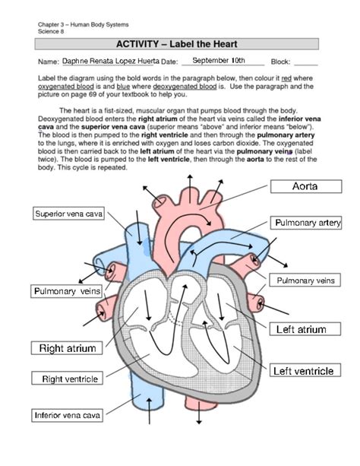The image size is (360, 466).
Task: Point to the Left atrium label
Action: point(302,329)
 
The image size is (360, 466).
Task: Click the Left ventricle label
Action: point(304,371)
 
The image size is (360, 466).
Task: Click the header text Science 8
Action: point(52,31)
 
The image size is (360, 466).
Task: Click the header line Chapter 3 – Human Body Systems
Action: point(74,25)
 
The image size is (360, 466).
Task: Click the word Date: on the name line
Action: point(169,62)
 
